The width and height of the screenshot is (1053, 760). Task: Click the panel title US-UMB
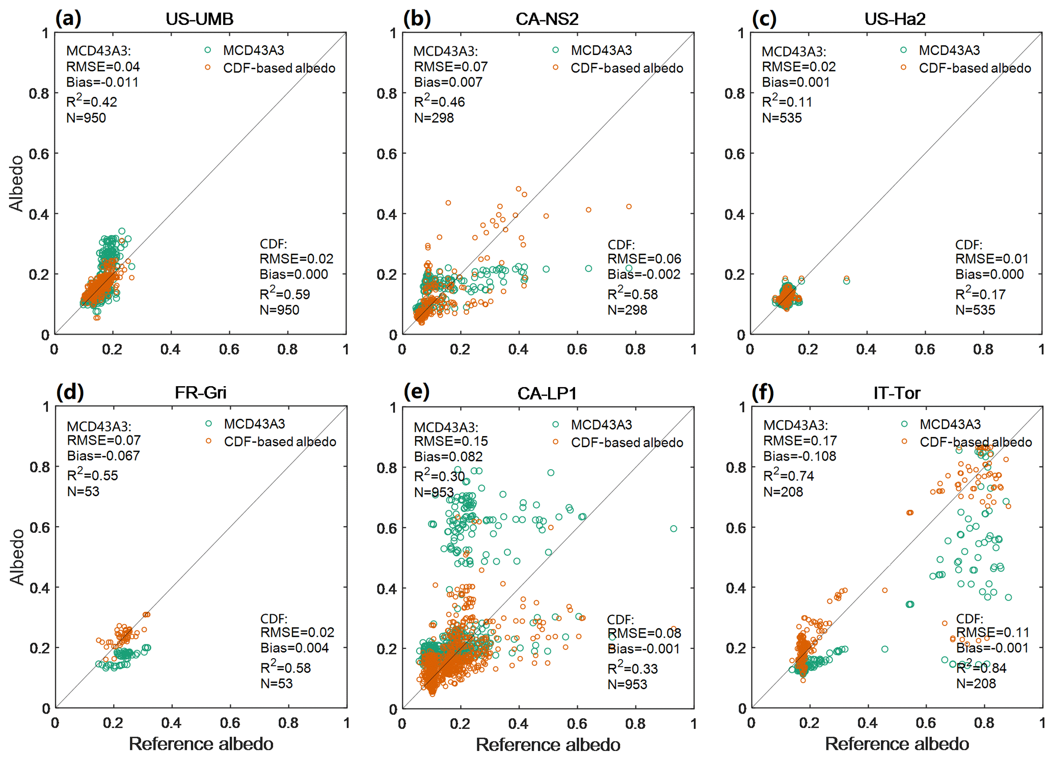click(199, 19)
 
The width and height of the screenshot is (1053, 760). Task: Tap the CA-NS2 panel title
click(547, 19)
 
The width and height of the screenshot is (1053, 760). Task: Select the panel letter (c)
click(764, 19)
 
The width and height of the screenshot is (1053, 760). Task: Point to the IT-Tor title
click(897, 393)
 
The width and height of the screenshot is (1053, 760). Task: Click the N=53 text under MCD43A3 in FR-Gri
click(83, 491)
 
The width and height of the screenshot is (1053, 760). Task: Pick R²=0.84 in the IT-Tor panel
click(981, 668)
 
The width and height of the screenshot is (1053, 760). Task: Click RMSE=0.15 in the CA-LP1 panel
click(450, 441)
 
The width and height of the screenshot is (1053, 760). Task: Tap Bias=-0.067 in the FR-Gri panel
click(103, 455)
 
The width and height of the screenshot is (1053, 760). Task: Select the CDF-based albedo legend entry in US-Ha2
click(975, 68)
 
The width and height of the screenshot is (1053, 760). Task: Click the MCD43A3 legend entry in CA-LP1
click(601, 424)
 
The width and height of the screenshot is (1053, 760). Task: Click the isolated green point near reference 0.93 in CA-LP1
click(673, 529)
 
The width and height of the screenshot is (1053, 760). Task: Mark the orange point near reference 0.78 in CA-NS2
click(629, 206)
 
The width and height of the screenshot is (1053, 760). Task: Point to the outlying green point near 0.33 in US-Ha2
click(847, 281)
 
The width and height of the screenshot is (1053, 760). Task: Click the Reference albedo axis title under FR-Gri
click(201, 744)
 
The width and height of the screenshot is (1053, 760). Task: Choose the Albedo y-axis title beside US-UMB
click(16, 183)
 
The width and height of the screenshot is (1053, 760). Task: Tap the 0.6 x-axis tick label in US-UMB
click(229, 349)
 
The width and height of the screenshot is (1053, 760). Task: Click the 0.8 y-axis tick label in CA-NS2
click(387, 93)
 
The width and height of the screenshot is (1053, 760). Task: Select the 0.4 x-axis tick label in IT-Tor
click(867, 723)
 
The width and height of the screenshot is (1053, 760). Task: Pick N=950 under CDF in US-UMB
click(279, 310)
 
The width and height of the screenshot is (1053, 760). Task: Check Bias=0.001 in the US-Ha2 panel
click(795, 82)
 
